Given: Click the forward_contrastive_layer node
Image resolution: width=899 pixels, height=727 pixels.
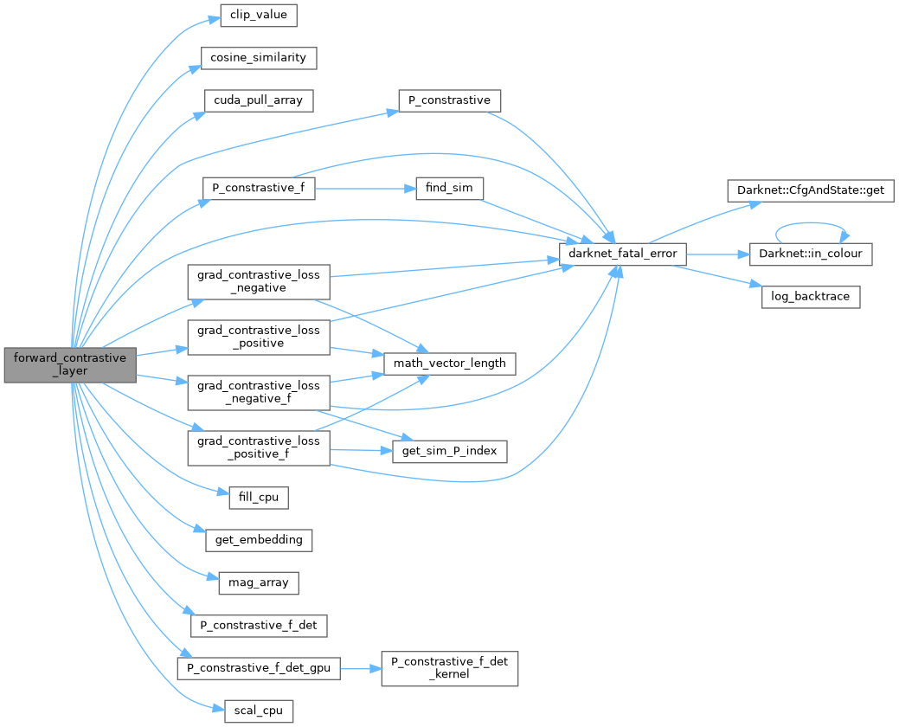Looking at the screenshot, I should coord(70,365).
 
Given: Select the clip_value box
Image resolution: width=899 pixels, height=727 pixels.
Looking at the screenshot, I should coord(247,16).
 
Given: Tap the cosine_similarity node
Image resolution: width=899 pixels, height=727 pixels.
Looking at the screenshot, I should coord(259,58).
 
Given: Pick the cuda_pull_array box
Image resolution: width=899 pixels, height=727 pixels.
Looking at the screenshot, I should coord(258,100).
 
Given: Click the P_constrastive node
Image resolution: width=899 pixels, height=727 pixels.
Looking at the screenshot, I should coord(449,100).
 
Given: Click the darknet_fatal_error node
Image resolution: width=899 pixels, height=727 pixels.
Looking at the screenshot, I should coord(623,254).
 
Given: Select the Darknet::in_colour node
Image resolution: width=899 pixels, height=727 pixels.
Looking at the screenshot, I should coord(810,254).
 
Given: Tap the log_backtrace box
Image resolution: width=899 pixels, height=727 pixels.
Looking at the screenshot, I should coord(810,296).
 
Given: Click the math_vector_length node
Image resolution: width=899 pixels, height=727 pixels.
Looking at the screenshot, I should coord(450,363).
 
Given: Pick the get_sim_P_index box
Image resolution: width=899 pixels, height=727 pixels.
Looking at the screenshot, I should coord(449,451).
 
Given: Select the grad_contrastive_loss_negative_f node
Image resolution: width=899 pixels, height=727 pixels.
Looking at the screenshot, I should coord(258,392).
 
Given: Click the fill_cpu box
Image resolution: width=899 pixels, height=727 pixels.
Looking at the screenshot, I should coord(258,498).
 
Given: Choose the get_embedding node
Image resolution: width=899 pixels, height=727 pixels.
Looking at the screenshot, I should coord(258,540).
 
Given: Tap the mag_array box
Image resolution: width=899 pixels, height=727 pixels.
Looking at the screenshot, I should coord(258,582).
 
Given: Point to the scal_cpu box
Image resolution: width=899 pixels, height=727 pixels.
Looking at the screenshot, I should coord(258,711).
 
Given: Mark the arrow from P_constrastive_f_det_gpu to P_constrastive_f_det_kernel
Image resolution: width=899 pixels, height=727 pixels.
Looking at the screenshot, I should coord(361,668).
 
